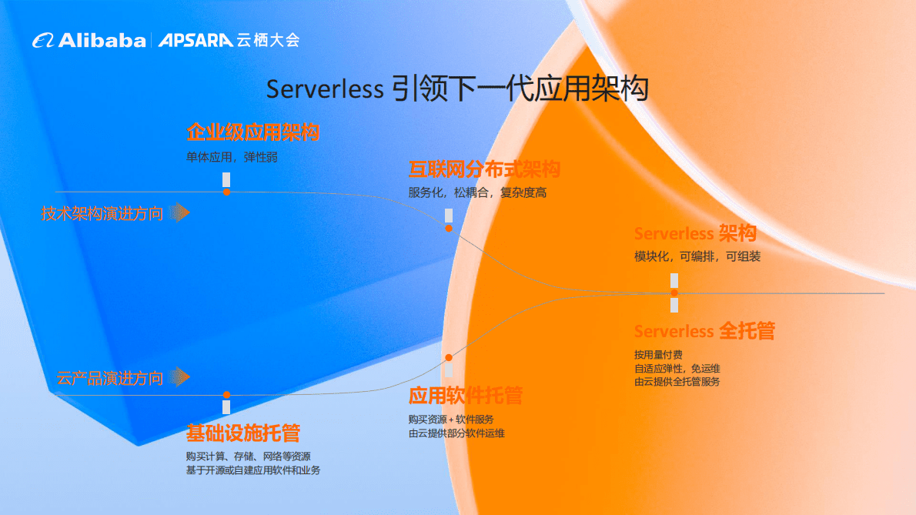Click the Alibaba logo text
tap(102, 40)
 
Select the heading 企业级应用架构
tap(252, 132)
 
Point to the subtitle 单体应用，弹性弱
tap(232, 156)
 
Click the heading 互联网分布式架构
tap(483, 169)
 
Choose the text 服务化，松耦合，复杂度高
tap(477, 192)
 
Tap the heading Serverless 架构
tap(695, 233)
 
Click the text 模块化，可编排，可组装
tap(697, 256)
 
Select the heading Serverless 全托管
tap(704, 331)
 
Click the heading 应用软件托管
tap(465, 396)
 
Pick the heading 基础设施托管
tap(242, 433)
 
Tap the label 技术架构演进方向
tap(102, 213)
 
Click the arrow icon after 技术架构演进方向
tap(179, 212)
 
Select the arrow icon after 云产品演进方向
tap(179, 376)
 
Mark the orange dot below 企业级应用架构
tap(226, 192)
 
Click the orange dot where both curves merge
tap(674, 293)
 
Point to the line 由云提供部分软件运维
tap(456, 433)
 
